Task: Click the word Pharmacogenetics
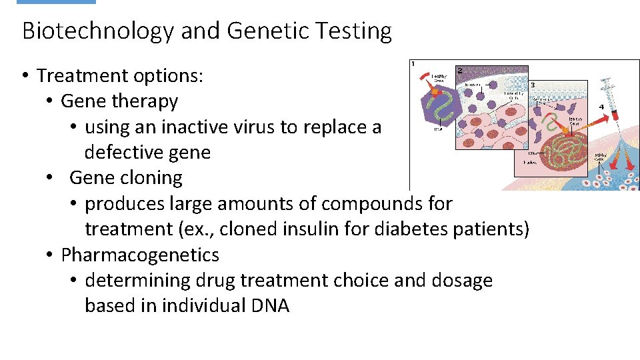coord(140,255)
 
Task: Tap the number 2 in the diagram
coord(460,70)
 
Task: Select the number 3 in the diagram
coord(532,85)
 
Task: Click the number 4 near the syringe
coord(602,106)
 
